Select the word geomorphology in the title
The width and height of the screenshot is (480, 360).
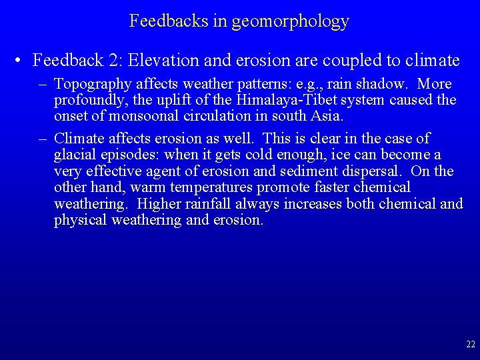290,22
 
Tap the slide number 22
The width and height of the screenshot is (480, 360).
470,345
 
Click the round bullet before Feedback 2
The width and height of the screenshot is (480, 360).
21,61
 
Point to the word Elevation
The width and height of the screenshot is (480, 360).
159,61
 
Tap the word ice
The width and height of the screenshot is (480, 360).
350,155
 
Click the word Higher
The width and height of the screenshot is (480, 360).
160,203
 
